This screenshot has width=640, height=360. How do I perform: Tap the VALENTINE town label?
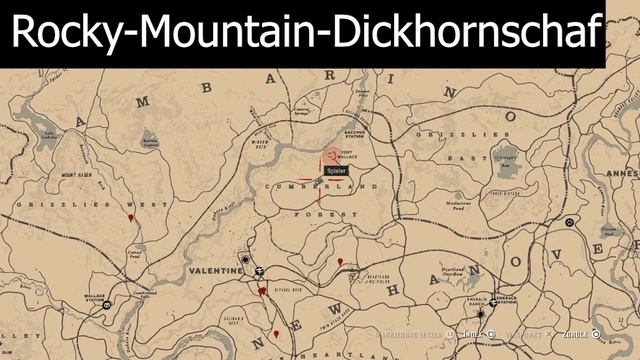click(215, 271)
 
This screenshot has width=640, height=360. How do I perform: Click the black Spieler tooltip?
click(336, 171)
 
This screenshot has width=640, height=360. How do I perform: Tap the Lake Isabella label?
click(46, 135)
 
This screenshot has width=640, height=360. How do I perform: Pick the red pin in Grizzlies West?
click(131, 217)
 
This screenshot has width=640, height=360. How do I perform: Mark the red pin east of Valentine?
click(341, 262)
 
